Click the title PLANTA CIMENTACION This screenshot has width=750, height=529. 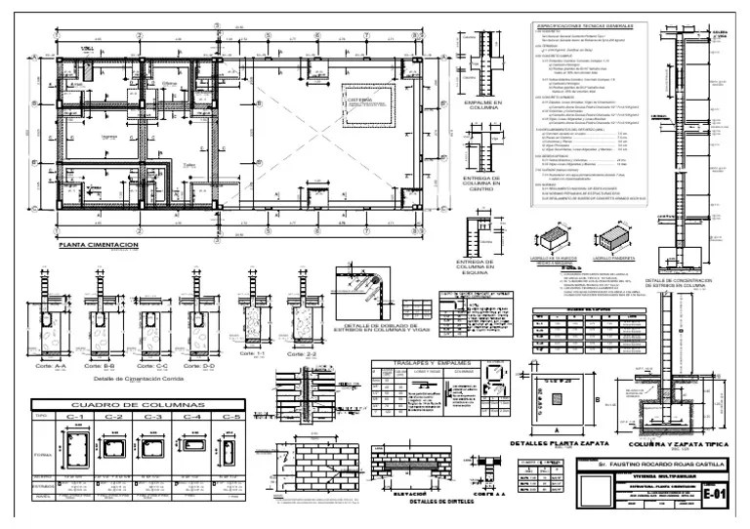tap(99, 245)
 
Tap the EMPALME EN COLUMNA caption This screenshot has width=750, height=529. tap(483, 105)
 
